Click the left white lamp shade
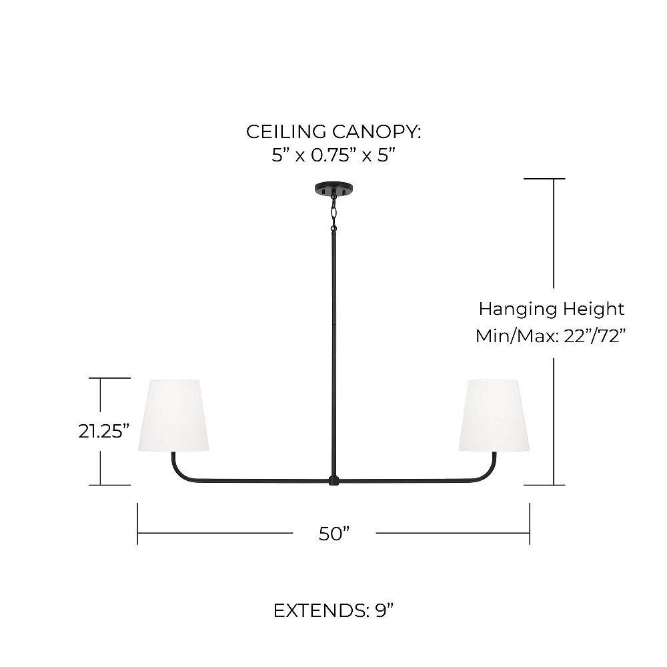173,415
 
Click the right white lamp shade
494,415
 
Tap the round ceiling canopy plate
334,188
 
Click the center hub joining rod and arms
334,481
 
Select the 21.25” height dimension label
104,432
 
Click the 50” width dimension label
334,534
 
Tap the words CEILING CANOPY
333,131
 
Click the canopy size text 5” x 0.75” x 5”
334,155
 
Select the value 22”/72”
595,336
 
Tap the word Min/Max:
518,336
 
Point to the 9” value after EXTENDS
385,611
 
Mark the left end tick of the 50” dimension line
137,524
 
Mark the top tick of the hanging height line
544,179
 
